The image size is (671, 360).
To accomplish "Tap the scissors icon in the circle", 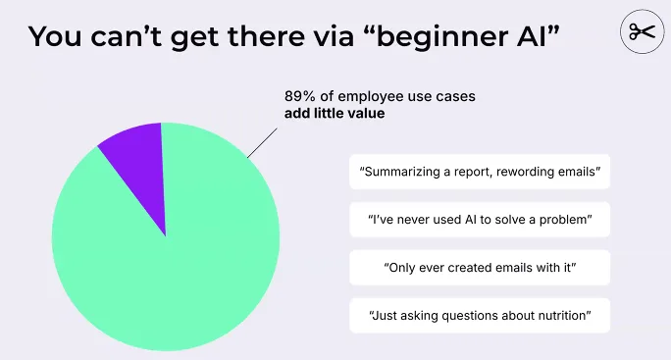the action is (x=642, y=31).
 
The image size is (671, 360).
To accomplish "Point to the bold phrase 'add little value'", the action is (x=335, y=114).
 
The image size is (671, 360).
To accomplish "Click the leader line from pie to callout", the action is (x=262, y=142).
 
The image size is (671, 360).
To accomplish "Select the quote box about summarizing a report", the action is (x=480, y=172).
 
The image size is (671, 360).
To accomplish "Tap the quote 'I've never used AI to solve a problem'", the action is (x=480, y=220).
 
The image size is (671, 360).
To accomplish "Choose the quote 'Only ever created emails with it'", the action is (x=480, y=268).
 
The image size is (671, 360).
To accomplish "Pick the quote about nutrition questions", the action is (x=480, y=316).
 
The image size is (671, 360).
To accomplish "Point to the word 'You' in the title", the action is (x=55, y=36).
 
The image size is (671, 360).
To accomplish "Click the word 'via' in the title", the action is (x=339, y=36).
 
